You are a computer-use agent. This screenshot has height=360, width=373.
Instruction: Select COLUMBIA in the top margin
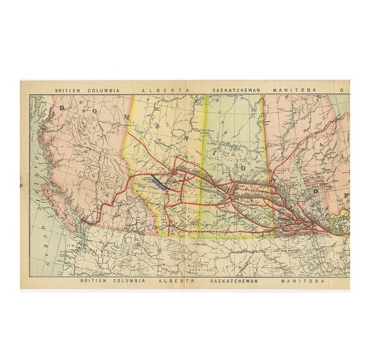(104, 90)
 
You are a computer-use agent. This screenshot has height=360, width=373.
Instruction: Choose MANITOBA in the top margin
(294, 90)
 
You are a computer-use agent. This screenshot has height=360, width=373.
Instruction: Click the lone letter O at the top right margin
(342, 90)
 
